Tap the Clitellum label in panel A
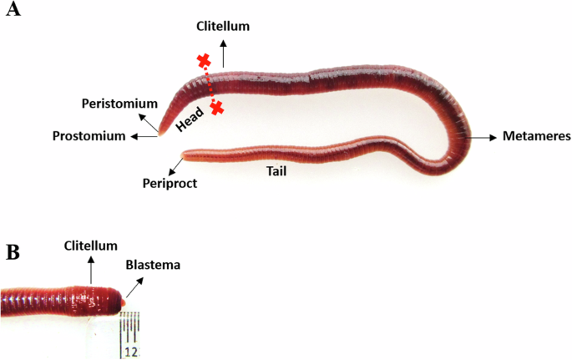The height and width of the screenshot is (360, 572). click(223, 27)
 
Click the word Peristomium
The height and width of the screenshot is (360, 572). click(119, 104)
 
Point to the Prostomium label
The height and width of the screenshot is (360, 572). click(89, 135)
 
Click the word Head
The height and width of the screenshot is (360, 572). click(190, 119)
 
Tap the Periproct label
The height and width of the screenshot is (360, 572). click(170, 183)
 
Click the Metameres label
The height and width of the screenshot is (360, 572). click(534, 136)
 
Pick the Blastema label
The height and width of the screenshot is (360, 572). click(153, 265)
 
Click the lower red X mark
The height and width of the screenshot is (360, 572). click(217, 108)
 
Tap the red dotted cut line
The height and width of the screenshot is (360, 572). click(210, 84)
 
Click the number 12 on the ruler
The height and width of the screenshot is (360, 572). click(131, 352)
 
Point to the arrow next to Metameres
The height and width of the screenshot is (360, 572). click(482, 136)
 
